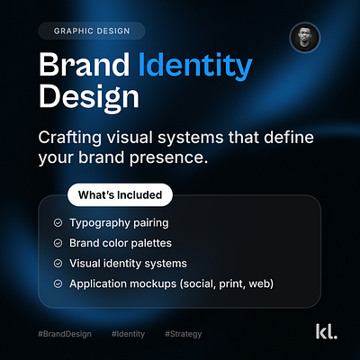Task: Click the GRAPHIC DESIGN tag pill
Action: (92, 31)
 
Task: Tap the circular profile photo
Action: (304, 39)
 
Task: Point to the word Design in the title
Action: (90, 97)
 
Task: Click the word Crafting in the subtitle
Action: (72, 138)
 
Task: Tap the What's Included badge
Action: (120, 194)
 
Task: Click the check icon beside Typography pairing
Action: (58, 222)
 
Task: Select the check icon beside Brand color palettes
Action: (58, 243)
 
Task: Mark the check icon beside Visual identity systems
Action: (58, 264)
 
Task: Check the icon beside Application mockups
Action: (58, 284)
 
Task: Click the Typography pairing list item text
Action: (117, 222)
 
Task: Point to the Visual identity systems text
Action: (129, 264)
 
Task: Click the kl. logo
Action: (326, 332)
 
